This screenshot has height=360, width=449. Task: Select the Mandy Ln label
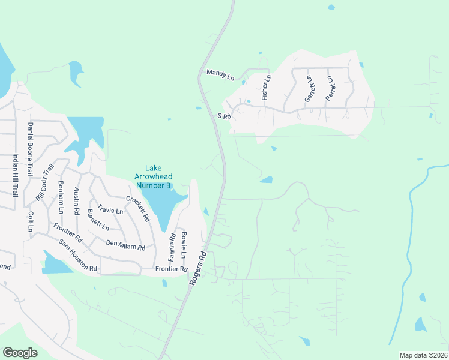[220, 74]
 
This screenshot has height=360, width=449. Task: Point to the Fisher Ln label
[267, 87]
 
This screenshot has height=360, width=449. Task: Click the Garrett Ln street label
[309, 88]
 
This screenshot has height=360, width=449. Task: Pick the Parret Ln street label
[329, 88]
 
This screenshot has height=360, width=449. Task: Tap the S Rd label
[224, 116]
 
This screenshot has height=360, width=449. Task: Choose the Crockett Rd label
[137, 208]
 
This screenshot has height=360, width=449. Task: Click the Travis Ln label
[110, 211]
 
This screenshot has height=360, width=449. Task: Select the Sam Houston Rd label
[78, 255]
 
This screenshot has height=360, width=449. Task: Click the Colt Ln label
[30, 221]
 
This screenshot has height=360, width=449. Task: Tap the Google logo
[20, 353]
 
